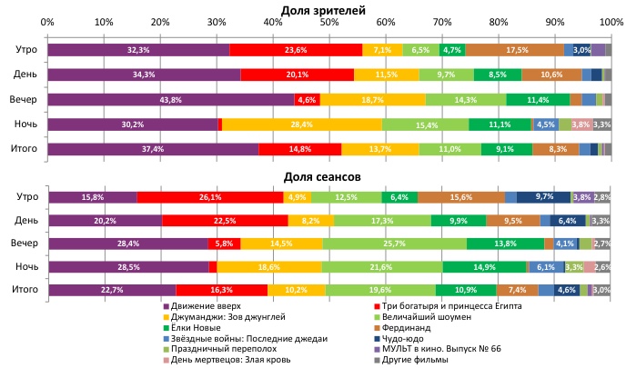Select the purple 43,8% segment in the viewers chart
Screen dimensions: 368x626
click(171, 99)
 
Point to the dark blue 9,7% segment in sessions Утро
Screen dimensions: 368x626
click(544, 196)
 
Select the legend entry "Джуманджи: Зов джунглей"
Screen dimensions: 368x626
click(222, 317)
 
